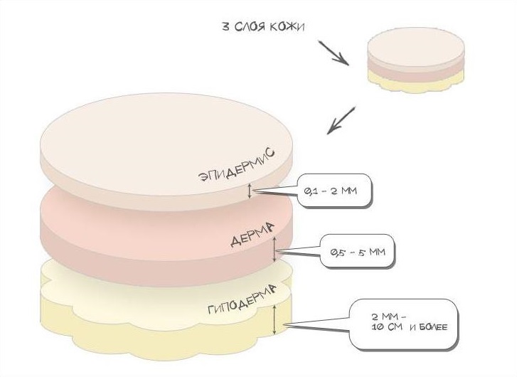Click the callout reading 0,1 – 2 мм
pos(335,191)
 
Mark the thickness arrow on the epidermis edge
pos(250,191)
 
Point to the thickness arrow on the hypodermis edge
pos(275,319)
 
